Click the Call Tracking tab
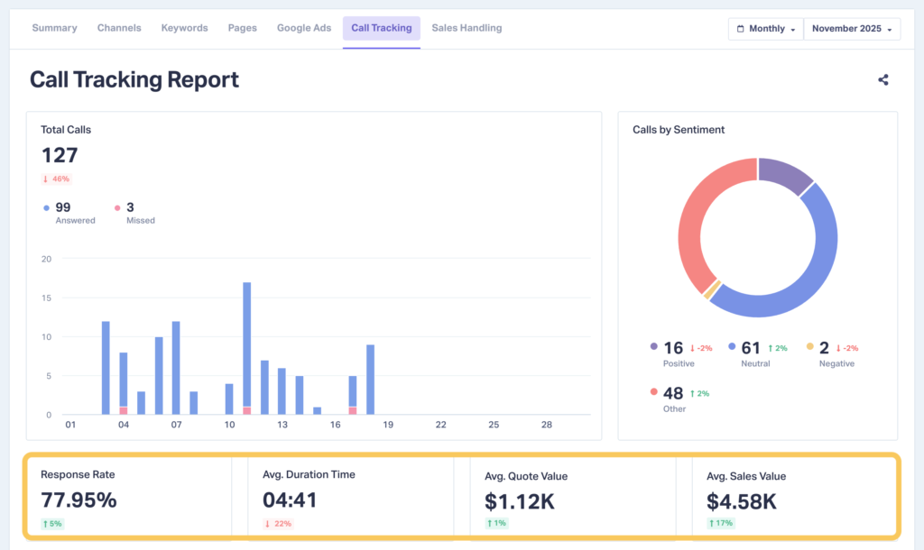381,28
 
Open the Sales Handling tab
467,28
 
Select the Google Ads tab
304,28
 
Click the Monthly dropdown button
765,29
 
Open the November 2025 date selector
852,29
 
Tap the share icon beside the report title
882,79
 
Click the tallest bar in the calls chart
246,347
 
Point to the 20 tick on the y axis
46,260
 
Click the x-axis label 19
387,425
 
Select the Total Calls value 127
60,155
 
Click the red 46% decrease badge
56,179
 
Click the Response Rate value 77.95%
79,500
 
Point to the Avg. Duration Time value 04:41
289,500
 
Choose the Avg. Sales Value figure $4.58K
742,500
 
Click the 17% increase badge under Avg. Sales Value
721,524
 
